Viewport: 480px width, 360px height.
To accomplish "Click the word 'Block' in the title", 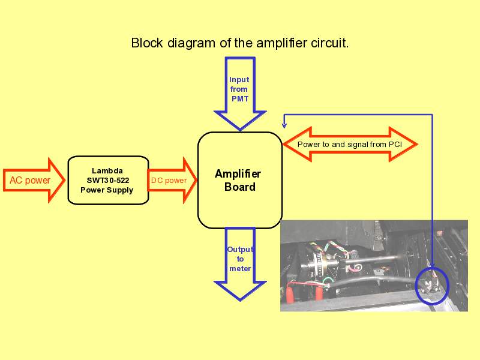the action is click(147, 43).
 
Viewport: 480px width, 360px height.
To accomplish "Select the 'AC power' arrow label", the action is click(29, 181).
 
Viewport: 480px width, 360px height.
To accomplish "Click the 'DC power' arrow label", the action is click(169, 181).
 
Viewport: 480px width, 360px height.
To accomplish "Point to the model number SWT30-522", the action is click(108, 181).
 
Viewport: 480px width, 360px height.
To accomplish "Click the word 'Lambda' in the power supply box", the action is click(107, 171).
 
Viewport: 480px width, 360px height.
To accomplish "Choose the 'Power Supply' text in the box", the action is click(107, 190).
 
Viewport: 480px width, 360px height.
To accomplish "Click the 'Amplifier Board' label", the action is click(238, 181).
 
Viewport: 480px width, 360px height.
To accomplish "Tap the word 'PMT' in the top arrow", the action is click(240, 99).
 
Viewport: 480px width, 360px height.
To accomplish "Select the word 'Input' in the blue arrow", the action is click(239, 80).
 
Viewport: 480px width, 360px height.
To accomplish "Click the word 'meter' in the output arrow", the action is click(240, 269).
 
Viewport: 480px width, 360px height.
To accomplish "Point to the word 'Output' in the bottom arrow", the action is click(241, 250).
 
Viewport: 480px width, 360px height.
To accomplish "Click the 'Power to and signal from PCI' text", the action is click(350, 145).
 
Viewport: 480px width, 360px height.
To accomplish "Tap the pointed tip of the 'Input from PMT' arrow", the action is click(241, 130).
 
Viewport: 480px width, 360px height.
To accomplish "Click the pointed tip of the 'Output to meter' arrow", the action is click(241, 301).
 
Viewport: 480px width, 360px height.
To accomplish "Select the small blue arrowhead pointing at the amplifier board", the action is click(284, 125).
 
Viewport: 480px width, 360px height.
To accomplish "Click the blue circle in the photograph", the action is click(416, 286).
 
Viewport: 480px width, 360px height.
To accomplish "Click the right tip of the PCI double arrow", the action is click(417, 144).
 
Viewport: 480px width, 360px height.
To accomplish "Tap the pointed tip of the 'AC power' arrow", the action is click(65, 181).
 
